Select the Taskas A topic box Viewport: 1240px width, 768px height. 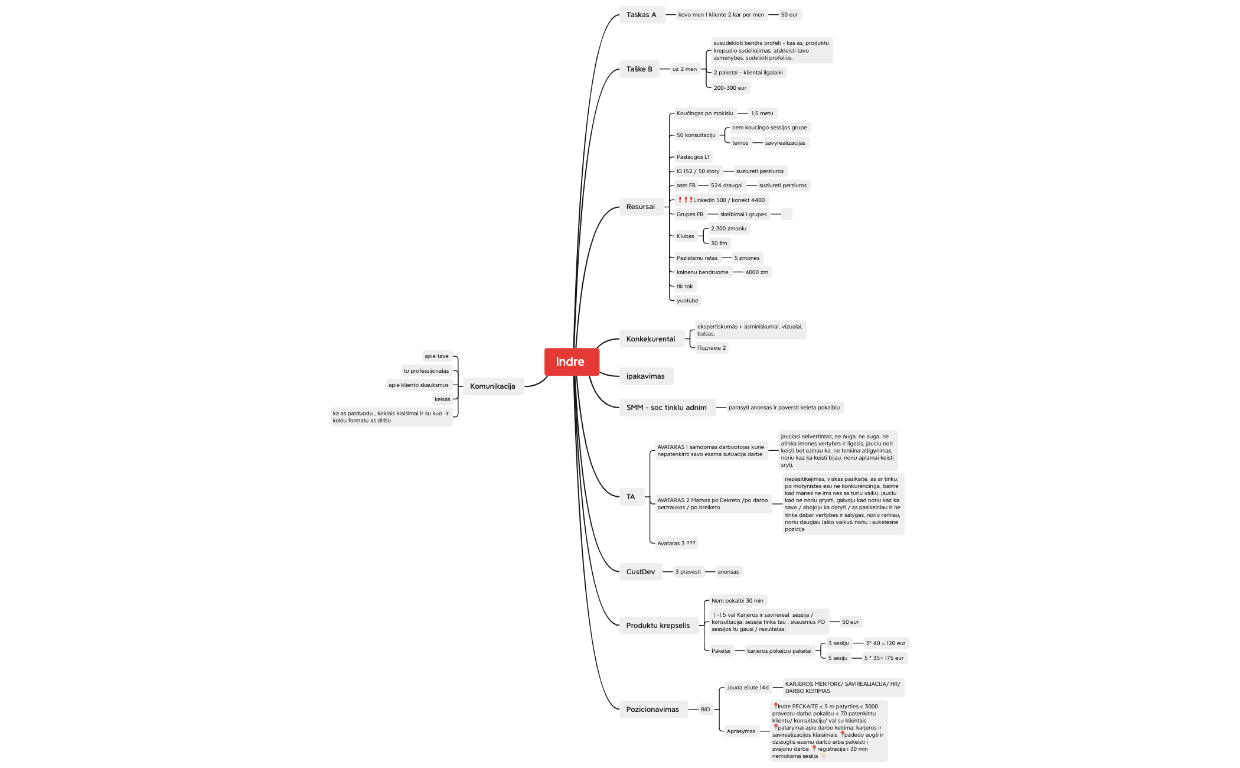point(642,15)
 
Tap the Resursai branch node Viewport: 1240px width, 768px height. point(641,207)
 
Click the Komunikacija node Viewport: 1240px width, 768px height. point(493,386)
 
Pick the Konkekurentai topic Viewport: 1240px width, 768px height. point(651,339)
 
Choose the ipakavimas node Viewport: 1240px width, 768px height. point(646,376)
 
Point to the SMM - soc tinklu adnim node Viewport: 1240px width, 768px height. point(667,408)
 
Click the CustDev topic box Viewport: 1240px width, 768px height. point(641,572)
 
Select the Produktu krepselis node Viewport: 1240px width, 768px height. point(658,626)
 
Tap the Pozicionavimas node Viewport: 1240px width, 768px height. point(653,710)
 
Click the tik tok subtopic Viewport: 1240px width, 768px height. point(685,287)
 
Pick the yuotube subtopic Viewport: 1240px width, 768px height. point(687,301)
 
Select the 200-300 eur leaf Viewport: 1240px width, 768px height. point(730,88)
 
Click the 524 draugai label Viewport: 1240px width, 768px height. point(727,186)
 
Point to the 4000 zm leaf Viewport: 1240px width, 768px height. point(757,272)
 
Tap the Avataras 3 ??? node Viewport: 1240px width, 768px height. point(677,544)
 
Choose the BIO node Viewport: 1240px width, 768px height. point(706,710)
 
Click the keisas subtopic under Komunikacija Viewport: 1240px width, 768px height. point(442,399)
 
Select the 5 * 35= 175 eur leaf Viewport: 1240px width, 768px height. point(884,658)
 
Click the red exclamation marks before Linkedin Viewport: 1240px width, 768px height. point(685,200)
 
